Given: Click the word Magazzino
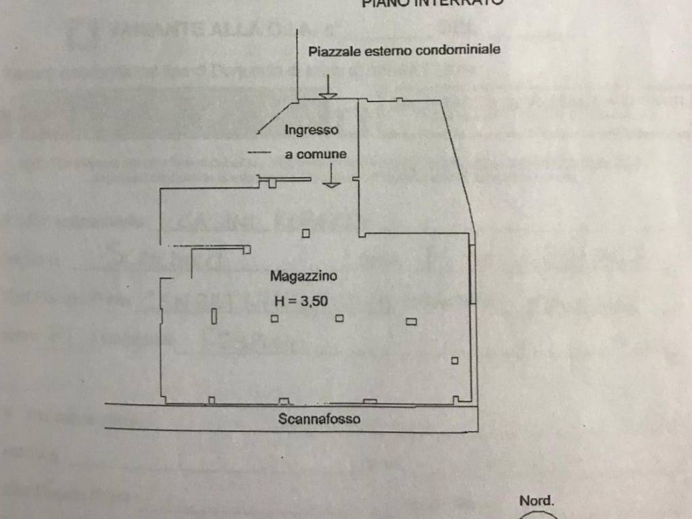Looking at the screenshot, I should [303, 276].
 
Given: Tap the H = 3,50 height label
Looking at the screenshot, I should [301, 302].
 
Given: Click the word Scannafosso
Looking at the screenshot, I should [319, 419].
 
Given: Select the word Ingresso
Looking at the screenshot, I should [311, 130].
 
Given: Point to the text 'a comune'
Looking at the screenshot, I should [316, 154].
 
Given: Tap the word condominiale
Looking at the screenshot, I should [458, 50].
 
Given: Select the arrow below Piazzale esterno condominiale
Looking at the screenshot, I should [328, 87].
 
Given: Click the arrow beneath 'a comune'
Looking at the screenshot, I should [331, 177].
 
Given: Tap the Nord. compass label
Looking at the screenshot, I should [537, 501].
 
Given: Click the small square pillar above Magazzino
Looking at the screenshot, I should [305, 234].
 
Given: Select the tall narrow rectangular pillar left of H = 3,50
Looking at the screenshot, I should [214, 316].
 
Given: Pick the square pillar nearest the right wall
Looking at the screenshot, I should [455, 361].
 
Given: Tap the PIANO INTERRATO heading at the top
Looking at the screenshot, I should [432, 3].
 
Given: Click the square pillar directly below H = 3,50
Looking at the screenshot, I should [275, 319].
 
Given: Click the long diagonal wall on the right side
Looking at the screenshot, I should [460, 166].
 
